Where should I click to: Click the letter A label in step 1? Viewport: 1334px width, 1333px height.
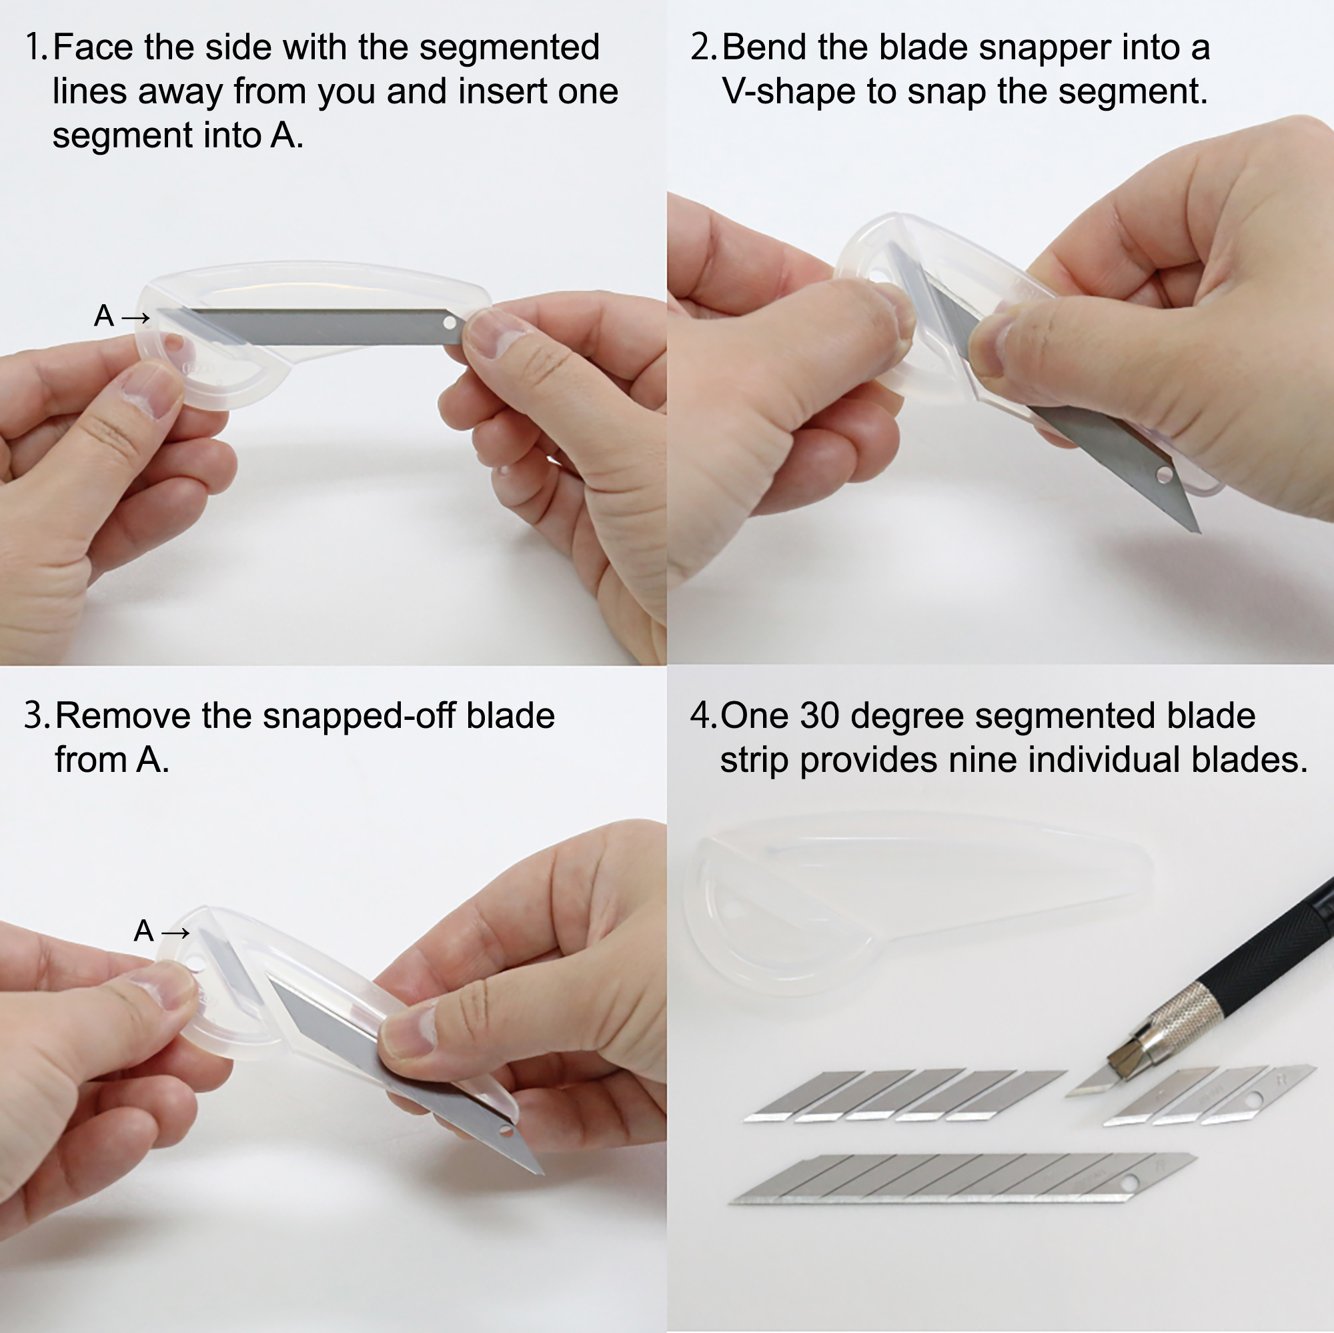coord(103,316)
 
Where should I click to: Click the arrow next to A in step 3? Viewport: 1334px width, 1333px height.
coord(175,933)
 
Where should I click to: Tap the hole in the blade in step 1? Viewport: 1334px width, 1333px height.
coord(450,322)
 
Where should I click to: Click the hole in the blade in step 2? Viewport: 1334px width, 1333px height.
coord(1164,474)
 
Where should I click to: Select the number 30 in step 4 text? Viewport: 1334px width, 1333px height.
coord(820,716)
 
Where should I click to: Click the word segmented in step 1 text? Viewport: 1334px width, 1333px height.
coord(510,48)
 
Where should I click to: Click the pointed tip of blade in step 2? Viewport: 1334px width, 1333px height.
coord(1199,531)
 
